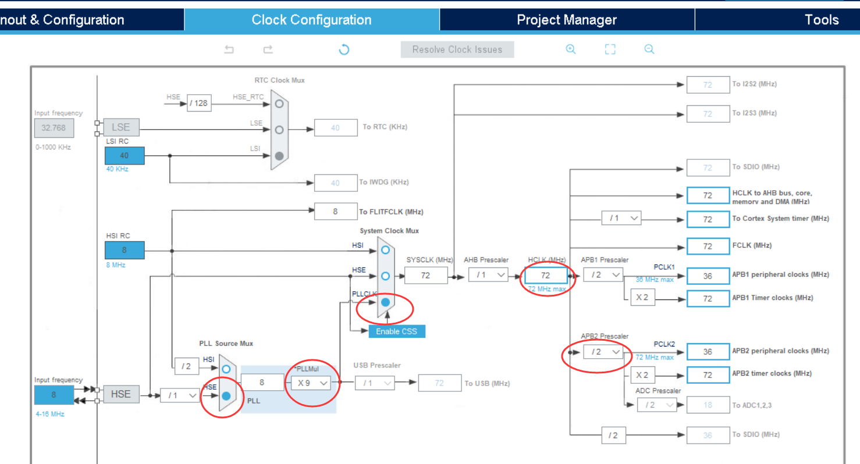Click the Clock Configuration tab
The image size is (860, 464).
click(x=311, y=20)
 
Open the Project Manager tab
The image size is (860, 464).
click(x=566, y=20)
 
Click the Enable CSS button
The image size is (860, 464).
click(x=396, y=331)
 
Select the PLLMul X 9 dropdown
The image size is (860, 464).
click(x=311, y=383)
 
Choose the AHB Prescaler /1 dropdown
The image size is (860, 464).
click(x=488, y=275)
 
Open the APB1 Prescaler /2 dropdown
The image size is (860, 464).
click(x=603, y=275)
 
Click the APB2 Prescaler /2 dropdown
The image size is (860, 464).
click(x=602, y=352)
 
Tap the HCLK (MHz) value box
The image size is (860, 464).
click(x=546, y=275)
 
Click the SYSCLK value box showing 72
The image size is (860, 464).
click(x=425, y=275)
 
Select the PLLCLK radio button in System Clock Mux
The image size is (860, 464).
click(x=385, y=302)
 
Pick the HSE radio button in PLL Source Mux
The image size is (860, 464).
click(x=226, y=396)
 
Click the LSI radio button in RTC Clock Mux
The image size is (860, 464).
click(x=279, y=156)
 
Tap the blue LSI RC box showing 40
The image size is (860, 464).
click(x=125, y=156)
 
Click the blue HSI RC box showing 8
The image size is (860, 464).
click(x=125, y=250)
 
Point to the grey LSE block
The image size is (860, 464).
click(x=121, y=127)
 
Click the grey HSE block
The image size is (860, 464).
click(x=121, y=394)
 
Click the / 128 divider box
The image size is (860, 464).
click(x=199, y=103)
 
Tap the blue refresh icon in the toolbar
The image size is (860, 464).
click(x=344, y=49)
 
